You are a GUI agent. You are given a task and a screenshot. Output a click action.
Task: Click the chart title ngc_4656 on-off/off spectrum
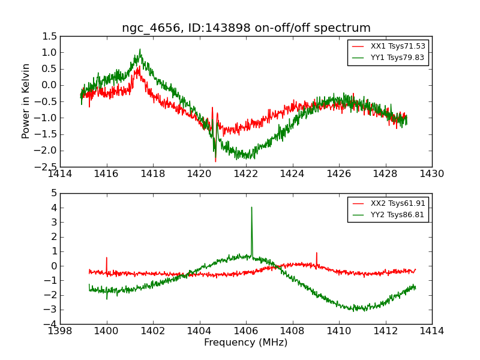click(246, 28)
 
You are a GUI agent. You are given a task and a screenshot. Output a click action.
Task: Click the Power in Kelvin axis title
click(26, 101)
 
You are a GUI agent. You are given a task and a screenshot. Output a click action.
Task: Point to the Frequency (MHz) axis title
click(246, 343)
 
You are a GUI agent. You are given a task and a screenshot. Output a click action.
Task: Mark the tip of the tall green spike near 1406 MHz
click(251, 208)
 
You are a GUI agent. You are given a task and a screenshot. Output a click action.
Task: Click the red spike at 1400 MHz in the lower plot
click(107, 258)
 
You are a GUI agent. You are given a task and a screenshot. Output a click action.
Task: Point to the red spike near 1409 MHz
click(317, 253)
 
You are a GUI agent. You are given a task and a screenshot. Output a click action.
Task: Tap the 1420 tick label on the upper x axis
click(200, 173)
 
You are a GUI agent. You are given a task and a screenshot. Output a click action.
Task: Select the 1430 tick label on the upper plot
click(431, 173)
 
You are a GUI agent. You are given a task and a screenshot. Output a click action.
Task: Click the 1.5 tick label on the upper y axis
click(50, 37)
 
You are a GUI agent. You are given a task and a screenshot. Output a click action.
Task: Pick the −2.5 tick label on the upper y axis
click(48, 167)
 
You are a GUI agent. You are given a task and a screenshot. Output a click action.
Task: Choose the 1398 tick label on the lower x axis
click(60, 331)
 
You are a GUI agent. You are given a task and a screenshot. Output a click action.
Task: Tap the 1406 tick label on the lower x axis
click(246, 331)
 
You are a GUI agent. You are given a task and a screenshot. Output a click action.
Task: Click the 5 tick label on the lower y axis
click(54, 193)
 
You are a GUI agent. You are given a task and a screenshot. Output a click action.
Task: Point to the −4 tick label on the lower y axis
click(52, 325)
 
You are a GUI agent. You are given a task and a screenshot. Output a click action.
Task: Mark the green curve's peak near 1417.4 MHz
click(140, 50)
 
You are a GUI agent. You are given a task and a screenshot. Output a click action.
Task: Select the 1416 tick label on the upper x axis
click(107, 173)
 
